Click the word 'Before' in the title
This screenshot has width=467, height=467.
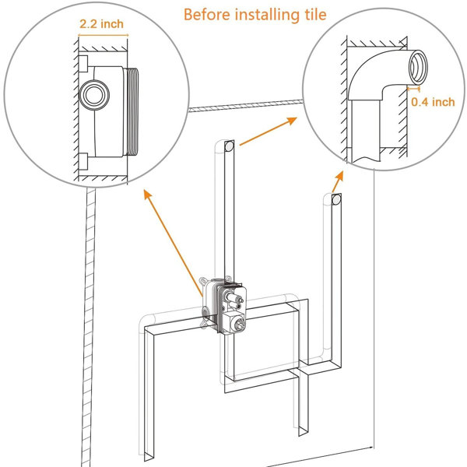point(207,14)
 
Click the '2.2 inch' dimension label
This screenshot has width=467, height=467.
point(101,24)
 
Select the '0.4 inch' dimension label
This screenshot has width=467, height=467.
point(433,102)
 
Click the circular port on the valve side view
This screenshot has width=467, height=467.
point(94,95)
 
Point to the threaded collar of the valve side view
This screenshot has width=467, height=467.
point(133,111)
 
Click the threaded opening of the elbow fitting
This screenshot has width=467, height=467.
point(418,67)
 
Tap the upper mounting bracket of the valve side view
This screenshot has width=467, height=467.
point(83,64)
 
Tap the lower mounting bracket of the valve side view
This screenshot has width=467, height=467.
point(83,161)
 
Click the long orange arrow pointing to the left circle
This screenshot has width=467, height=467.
point(173,243)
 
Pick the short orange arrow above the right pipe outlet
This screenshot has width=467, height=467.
point(338,181)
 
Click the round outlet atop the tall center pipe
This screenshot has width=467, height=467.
point(229,146)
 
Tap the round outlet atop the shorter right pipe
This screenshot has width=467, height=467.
point(336,199)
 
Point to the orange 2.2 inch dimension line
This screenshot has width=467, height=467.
point(103,35)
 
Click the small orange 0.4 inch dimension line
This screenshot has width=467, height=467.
point(414,88)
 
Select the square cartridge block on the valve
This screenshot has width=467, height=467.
point(234,322)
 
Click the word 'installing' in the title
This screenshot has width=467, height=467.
point(267,15)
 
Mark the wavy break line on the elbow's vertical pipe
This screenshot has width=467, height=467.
point(366,159)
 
